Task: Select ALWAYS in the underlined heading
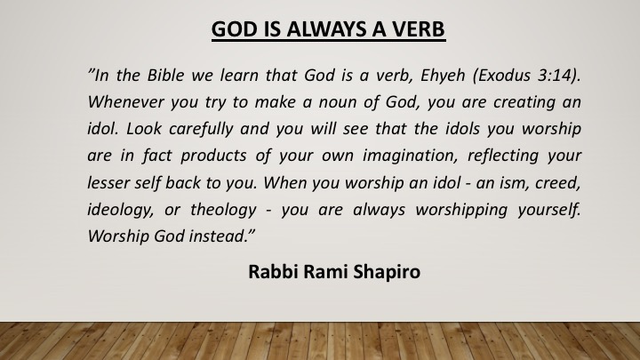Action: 326,29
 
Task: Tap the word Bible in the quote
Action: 165,75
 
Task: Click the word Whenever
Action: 126,102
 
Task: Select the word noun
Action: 336,102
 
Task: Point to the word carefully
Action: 200,129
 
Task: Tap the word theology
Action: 223,210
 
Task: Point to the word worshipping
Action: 461,210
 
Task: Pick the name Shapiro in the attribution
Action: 387,272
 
